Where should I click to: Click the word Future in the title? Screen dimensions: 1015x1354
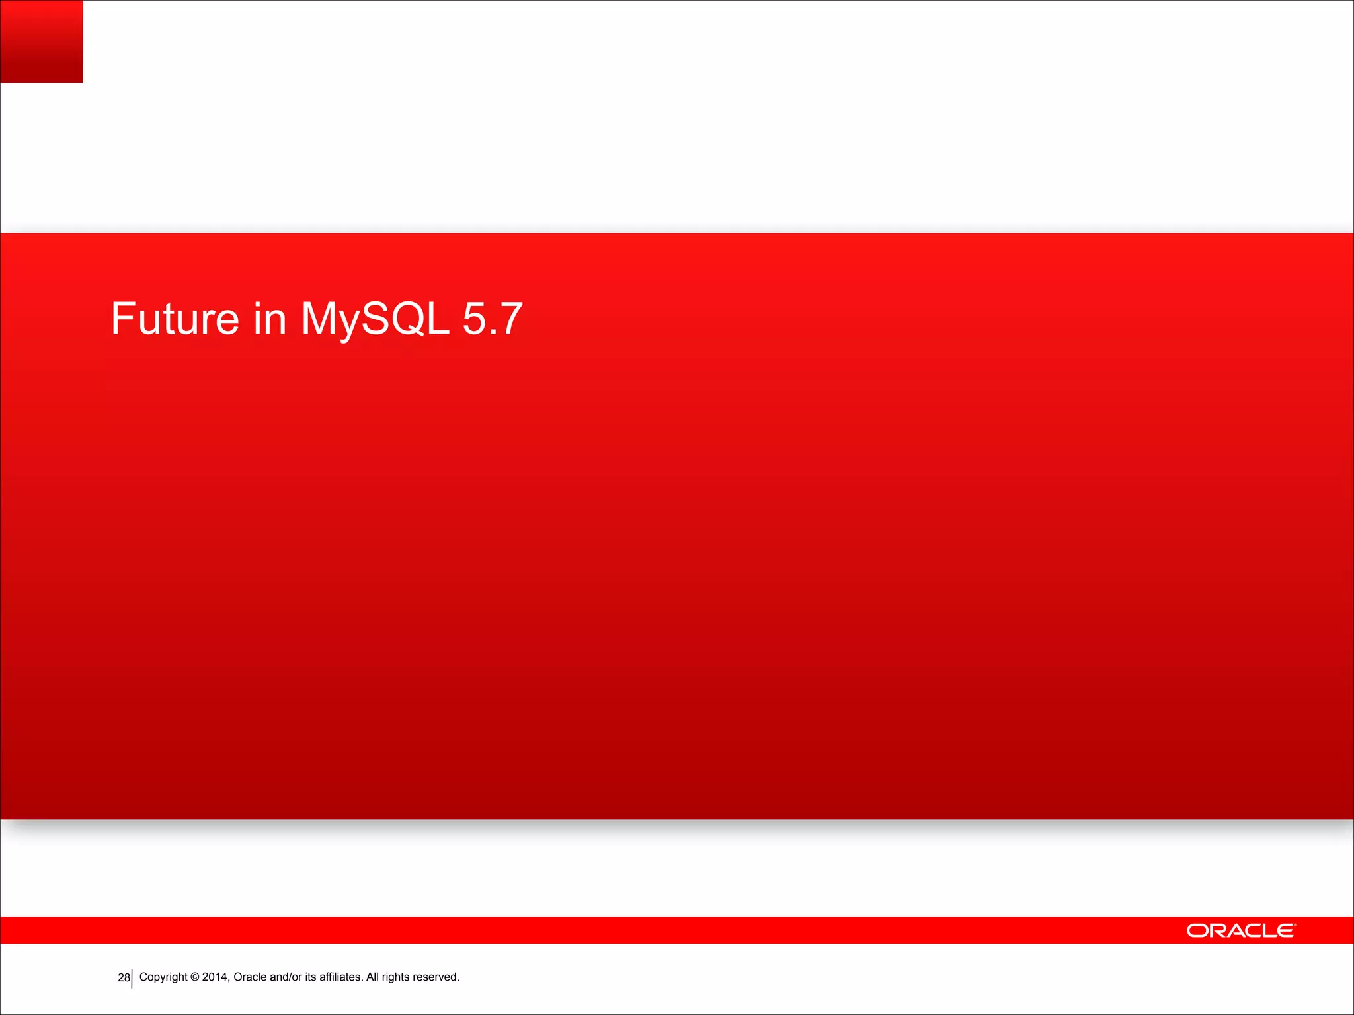[x=175, y=319]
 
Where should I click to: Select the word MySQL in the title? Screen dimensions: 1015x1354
[x=375, y=319]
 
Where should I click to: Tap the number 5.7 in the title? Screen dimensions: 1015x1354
[x=493, y=319]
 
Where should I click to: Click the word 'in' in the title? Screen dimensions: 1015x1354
[x=270, y=319]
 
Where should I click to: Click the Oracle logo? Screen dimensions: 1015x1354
[x=1240, y=930]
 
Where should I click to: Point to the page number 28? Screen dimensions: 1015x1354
[x=123, y=977]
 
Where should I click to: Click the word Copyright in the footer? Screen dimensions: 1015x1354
[x=163, y=977]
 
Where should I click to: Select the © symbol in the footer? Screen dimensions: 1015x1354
[x=195, y=977]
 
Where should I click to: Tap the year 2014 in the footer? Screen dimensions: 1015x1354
[x=215, y=977]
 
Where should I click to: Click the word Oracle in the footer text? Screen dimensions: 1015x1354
[x=250, y=977]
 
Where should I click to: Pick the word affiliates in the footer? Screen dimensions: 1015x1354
[x=340, y=977]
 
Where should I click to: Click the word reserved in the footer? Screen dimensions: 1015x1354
[x=435, y=977]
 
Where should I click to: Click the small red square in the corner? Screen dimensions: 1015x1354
[x=41, y=41]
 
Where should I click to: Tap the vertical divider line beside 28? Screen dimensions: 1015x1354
[x=132, y=979]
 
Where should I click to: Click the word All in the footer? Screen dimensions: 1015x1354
[x=372, y=977]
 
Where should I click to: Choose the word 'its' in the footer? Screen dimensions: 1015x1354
[x=310, y=977]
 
